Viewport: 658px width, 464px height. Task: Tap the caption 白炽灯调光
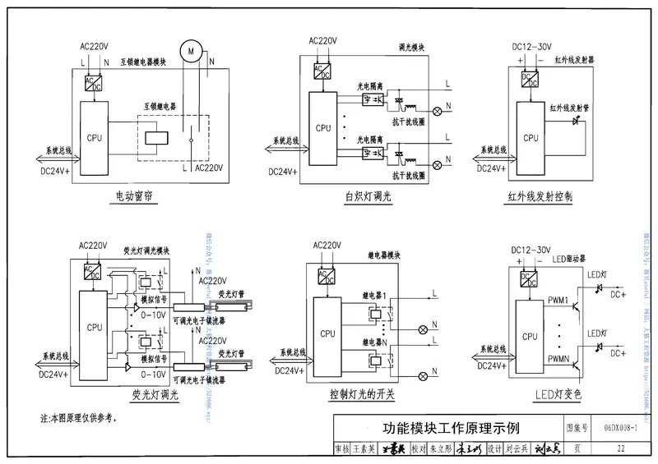coord(369,197)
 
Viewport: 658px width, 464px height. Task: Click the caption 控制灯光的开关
coord(362,395)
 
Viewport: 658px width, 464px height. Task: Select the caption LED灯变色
coord(545,395)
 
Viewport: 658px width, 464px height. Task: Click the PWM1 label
coord(559,301)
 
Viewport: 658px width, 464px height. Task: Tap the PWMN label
coord(559,359)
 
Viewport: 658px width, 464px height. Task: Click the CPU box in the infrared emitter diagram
coord(531,138)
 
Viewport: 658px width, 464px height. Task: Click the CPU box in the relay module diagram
coord(327,333)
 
